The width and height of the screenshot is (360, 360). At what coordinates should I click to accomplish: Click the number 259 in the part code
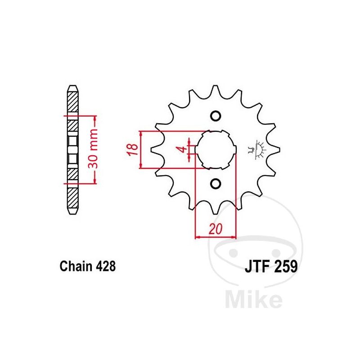(x=285, y=266)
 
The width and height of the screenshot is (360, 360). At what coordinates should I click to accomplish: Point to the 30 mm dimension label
(x=93, y=148)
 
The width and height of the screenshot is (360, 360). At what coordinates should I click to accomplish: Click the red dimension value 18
(x=133, y=149)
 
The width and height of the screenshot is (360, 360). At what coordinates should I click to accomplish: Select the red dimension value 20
(x=216, y=229)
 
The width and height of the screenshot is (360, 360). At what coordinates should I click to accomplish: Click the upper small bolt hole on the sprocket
(x=216, y=116)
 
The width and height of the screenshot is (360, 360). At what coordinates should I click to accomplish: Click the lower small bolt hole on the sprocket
(x=216, y=184)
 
